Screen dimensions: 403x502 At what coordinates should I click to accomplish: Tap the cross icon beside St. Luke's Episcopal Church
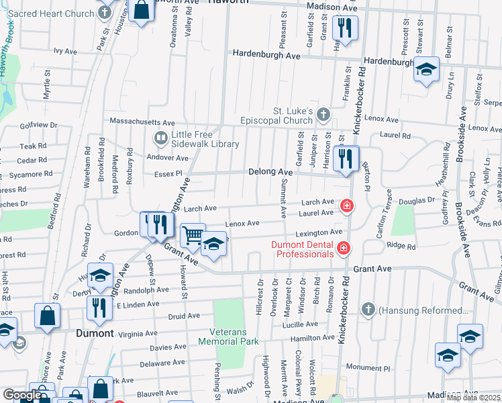323,114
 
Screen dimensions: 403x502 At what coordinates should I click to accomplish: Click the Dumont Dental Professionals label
302,249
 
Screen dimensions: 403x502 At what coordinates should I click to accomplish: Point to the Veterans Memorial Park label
228,337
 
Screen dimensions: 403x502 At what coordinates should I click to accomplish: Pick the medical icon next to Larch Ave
346,206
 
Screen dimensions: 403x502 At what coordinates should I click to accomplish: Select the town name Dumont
93,332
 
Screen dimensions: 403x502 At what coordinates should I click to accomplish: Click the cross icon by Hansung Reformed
368,310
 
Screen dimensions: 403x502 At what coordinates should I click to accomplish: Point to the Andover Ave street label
168,158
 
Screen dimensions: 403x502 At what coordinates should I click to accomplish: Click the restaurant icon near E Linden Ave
99,308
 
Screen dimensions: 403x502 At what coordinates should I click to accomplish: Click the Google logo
21,395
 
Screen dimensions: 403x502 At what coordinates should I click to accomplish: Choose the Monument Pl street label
368,368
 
